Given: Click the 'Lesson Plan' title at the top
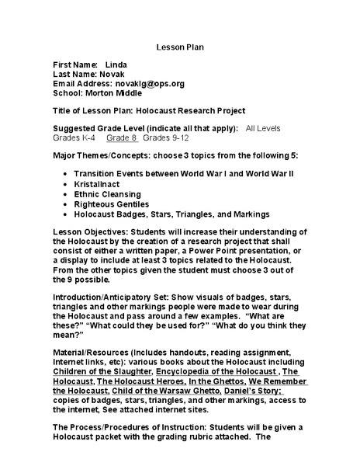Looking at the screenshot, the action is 179,46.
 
